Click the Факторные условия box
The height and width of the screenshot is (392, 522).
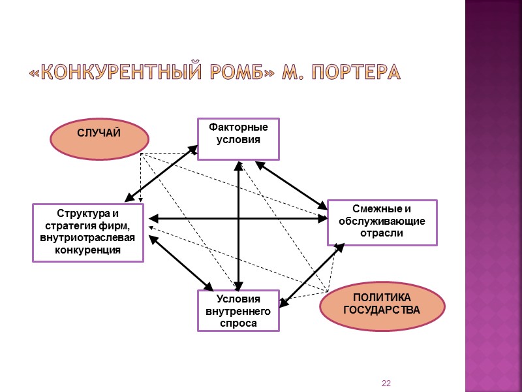(238, 139)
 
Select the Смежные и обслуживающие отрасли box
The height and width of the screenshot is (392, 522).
(382, 222)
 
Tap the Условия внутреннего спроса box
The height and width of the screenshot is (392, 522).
(238, 310)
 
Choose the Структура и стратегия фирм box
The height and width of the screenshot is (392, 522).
(88, 232)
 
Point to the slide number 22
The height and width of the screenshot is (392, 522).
(386, 382)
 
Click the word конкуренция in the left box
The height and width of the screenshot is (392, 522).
(88, 250)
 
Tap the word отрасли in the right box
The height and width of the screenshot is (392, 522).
(382, 234)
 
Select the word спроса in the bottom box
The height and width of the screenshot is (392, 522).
(238, 323)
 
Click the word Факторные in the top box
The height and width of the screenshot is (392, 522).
(238, 128)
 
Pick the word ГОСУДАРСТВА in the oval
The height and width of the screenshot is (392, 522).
(382, 309)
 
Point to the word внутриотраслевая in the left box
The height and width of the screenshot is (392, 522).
(88, 238)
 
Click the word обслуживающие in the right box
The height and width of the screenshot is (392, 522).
(382, 221)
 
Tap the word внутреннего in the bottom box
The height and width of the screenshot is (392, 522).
(238, 311)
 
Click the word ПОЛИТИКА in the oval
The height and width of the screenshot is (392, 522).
(382, 297)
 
